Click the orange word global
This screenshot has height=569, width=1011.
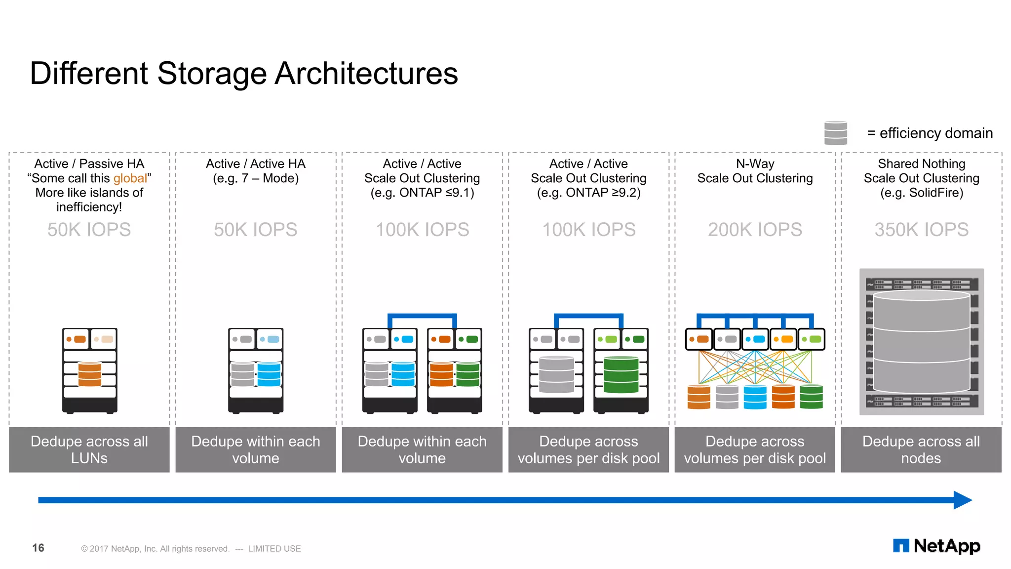click(130, 178)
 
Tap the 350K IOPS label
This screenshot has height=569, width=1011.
click(921, 230)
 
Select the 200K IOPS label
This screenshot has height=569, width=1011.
click(755, 230)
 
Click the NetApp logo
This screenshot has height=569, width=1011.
click(936, 546)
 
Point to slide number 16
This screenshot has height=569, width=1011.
click(38, 548)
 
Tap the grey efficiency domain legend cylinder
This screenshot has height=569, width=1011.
click(835, 133)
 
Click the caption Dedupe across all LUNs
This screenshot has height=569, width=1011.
click(89, 449)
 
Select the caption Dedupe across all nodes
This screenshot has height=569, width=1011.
click(921, 449)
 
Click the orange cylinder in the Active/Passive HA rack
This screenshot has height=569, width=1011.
click(90, 374)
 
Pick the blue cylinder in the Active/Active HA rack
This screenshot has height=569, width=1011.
click(269, 374)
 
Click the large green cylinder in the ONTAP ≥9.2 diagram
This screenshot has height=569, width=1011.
click(621, 374)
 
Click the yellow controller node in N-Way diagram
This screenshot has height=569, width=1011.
click(783, 339)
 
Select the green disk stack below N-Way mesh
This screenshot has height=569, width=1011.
click(811, 397)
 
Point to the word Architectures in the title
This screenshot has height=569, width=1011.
click(366, 74)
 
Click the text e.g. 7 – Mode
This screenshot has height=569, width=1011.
click(256, 178)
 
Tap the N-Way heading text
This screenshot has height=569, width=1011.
click(755, 163)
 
